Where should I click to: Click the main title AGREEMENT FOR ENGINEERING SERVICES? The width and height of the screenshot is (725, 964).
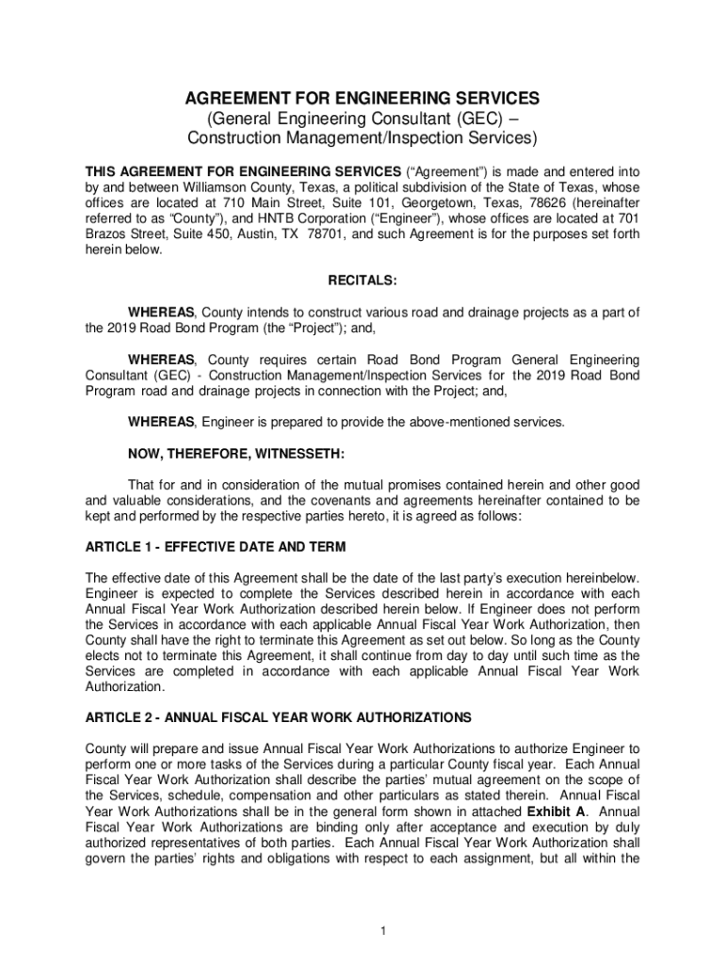pos(362,98)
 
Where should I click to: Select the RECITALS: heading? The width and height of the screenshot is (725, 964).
pos(362,281)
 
